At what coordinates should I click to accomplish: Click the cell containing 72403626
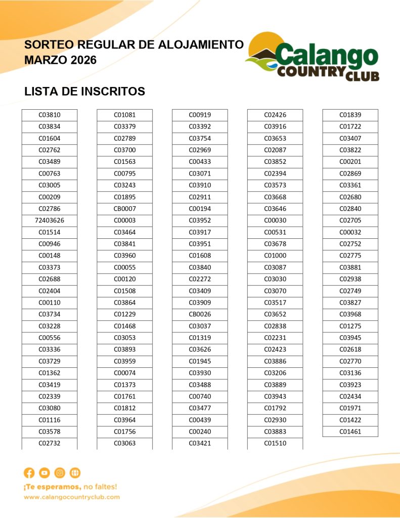coord(49,221)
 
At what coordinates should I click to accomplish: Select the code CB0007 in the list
coord(124,209)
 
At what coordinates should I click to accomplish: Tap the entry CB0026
coord(200,315)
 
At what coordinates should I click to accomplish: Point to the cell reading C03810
coord(49,115)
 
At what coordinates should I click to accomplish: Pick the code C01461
coord(350,432)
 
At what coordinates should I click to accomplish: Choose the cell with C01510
coord(275,444)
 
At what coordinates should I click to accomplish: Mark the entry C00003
coord(124,221)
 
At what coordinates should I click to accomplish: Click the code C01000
coord(275,256)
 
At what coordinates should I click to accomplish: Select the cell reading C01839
coord(350,115)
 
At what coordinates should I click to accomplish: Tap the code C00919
coord(200,115)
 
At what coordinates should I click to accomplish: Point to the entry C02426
coord(275,115)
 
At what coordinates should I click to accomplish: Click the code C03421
coord(200,444)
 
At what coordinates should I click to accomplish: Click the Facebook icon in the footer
coord(29,473)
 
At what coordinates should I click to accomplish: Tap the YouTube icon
coord(45,473)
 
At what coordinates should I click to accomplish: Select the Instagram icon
coord(60,473)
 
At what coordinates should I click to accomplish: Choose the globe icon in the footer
coord(75,473)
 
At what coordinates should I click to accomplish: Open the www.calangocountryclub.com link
coord(72,497)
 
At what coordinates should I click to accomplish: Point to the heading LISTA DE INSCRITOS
coord(84,92)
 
